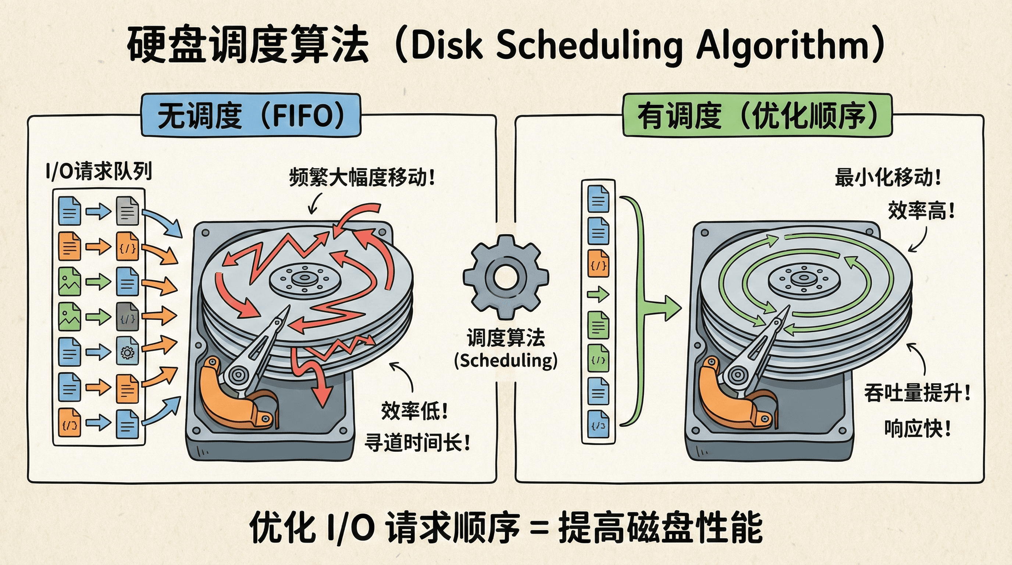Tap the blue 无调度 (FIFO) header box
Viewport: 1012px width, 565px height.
click(x=251, y=115)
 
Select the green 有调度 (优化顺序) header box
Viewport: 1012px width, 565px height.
click(x=757, y=115)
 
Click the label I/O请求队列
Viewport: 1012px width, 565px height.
click(x=99, y=172)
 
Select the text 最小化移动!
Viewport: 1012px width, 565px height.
click(x=888, y=178)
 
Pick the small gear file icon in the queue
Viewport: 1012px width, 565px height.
click(x=127, y=352)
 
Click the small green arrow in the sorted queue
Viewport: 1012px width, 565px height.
click(x=598, y=295)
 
